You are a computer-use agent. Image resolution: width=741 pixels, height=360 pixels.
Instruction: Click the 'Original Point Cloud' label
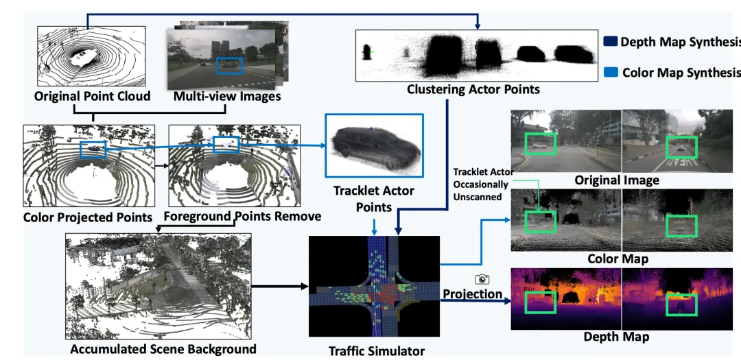[x=92, y=97]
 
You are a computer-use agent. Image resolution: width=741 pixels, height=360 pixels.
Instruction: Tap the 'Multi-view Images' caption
[x=227, y=97]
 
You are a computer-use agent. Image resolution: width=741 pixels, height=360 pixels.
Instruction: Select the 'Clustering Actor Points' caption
[x=473, y=89]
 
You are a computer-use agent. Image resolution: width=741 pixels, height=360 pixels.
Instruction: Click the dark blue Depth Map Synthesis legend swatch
[x=610, y=42]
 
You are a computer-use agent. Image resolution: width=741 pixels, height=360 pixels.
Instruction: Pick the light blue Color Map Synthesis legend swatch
[x=611, y=72]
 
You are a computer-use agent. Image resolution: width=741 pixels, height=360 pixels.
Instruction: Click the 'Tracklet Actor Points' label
[x=373, y=198]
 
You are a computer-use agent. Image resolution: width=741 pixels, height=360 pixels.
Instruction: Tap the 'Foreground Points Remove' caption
[x=242, y=217]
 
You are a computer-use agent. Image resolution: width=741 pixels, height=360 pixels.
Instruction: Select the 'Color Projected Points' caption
[x=88, y=217]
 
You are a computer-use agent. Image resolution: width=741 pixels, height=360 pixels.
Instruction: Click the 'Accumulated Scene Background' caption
[x=163, y=349]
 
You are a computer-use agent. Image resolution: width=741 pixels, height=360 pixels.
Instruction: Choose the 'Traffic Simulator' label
[x=377, y=350]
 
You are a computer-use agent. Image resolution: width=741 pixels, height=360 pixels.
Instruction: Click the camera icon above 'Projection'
[x=482, y=279]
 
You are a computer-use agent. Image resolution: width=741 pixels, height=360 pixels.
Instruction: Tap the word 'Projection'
[x=472, y=294]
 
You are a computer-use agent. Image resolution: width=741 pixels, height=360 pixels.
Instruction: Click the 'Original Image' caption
[x=617, y=180]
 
